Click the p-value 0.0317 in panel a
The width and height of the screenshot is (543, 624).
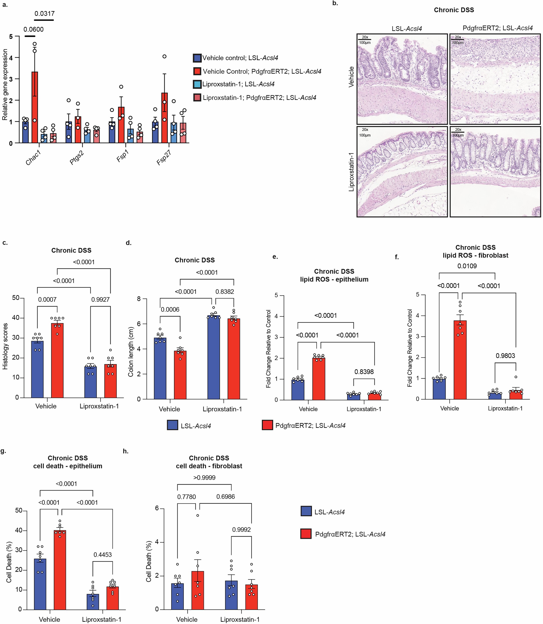tap(44, 14)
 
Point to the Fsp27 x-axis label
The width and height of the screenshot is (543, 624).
tap(164, 158)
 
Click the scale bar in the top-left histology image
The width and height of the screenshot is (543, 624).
tap(364, 40)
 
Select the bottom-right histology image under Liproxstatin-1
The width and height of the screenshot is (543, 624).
tap(495, 172)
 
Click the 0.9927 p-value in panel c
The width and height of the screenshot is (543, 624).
tap(100, 299)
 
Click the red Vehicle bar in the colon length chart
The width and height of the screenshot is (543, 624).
tap(180, 375)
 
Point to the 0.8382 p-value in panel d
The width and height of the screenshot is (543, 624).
tap(224, 292)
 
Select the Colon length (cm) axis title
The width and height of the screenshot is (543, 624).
tap(130, 352)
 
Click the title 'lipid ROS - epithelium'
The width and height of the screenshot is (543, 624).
tap(334, 279)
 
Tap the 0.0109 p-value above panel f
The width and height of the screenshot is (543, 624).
tap(467, 266)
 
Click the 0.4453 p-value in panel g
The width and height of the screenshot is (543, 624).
tap(102, 555)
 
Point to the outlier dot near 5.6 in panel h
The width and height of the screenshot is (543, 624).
tap(198, 515)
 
